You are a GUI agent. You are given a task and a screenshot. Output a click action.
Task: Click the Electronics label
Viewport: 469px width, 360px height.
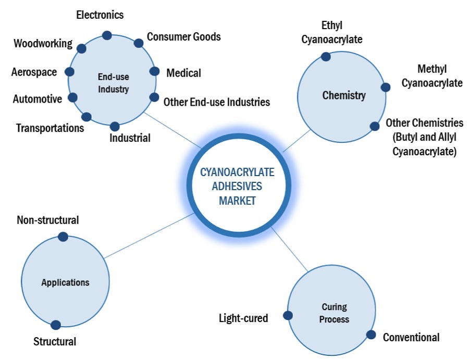(100, 15)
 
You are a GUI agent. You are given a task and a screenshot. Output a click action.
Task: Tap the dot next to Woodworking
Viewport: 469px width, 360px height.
(81, 48)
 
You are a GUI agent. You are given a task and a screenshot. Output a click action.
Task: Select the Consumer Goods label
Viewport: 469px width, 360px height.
(183, 36)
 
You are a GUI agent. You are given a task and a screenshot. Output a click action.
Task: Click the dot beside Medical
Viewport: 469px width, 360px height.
(154, 71)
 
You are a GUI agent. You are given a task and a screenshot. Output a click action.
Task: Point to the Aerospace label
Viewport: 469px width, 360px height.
(34, 72)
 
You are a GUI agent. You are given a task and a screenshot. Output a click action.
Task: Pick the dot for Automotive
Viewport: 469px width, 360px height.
(73, 97)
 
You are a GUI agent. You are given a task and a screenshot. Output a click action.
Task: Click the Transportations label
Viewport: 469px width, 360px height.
(50, 128)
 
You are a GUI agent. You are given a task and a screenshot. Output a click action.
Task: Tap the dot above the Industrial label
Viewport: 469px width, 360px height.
(115, 126)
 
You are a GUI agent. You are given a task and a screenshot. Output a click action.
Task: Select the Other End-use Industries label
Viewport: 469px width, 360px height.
(217, 102)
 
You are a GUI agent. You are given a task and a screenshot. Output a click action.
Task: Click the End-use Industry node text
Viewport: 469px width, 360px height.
(113, 83)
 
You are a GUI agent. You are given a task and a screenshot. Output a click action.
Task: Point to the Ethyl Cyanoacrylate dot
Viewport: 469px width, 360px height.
(326, 56)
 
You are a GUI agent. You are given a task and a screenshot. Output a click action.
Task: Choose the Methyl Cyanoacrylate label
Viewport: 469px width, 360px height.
(432, 76)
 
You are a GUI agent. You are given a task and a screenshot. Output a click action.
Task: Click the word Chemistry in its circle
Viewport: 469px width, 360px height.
(344, 95)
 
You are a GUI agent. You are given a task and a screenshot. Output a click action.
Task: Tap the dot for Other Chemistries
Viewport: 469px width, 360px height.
(374, 126)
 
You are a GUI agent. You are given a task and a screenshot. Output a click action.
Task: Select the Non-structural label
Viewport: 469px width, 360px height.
(48, 220)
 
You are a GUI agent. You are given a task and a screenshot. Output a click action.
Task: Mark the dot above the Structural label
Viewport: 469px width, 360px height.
(56, 325)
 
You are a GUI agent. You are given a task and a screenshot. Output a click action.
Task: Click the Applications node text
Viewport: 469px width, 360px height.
(65, 282)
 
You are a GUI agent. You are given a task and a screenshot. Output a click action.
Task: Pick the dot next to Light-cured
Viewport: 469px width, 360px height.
(287, 315)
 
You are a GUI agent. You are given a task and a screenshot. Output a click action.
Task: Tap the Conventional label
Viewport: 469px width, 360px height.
(411, 337)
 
